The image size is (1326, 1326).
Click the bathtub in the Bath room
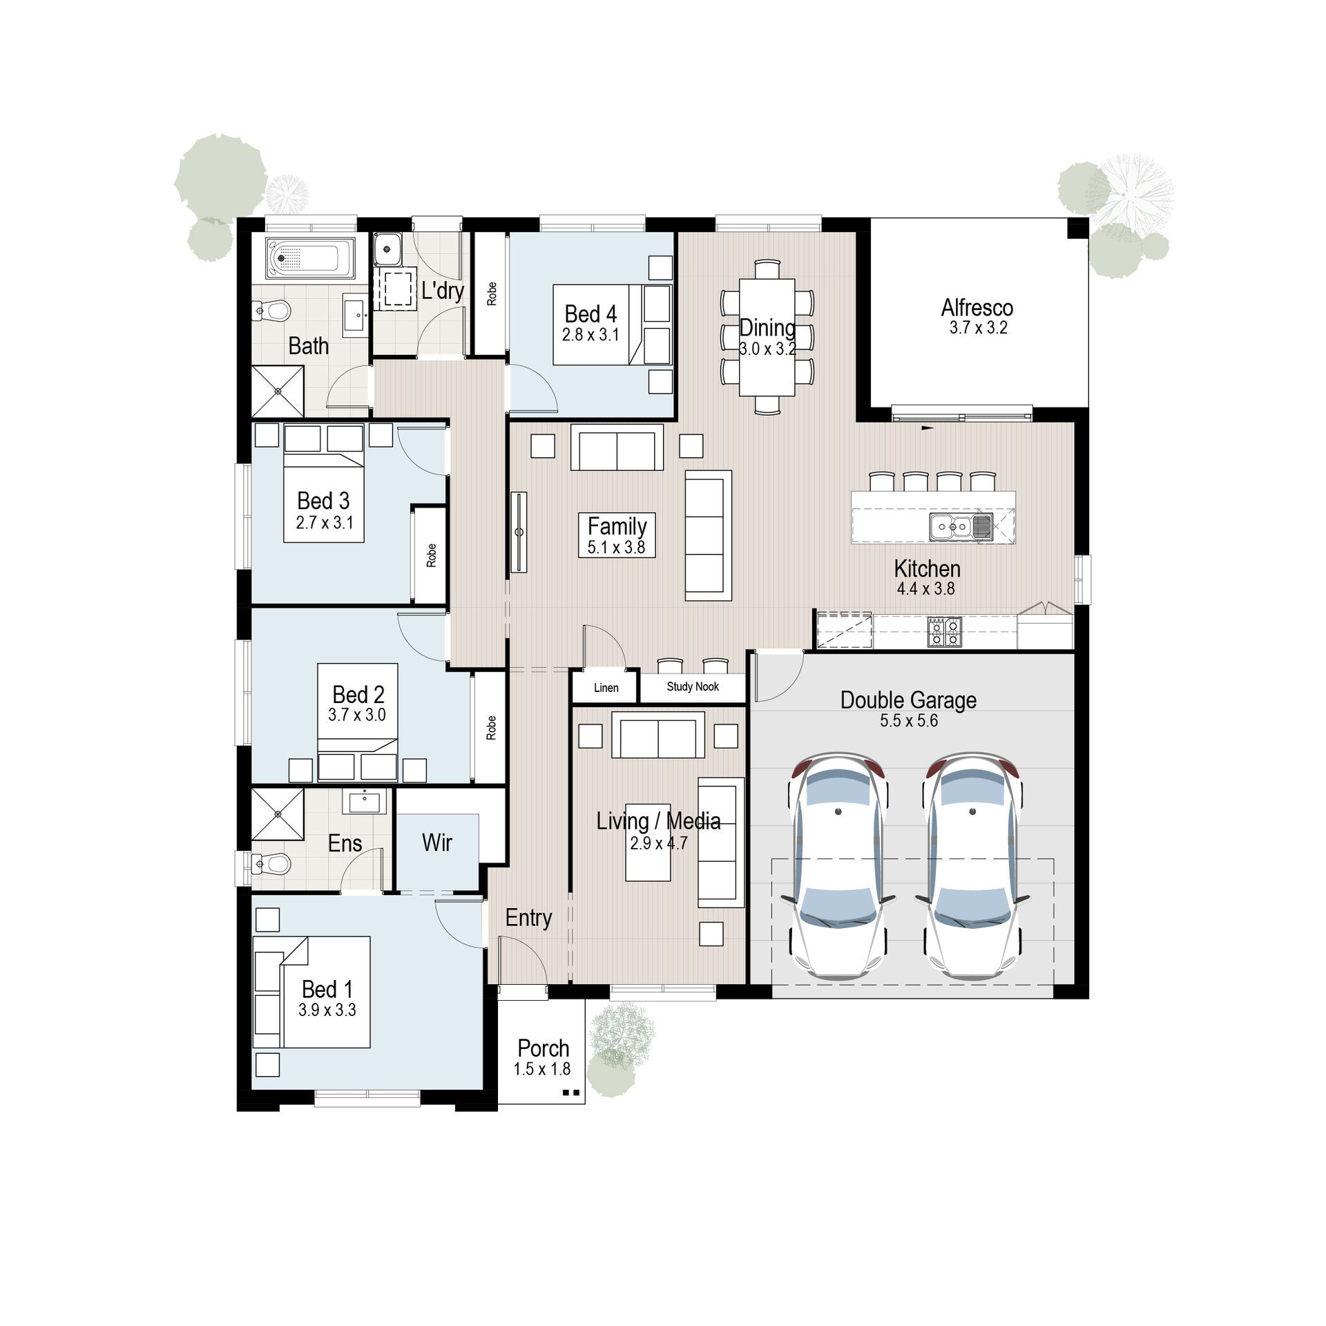pyautogui.click(x=310, y=258)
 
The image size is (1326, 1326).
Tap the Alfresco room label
pyautogui.click(x=977, y=308)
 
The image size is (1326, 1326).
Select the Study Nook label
pyautogui.click(x=692, y=686)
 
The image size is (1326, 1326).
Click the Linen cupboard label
pyautogui.click(x=606, y=688)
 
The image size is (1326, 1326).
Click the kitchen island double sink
pyautogui.click(x=961, y=527)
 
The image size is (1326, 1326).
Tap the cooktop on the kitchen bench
pyautogui.click(x=944, y=631)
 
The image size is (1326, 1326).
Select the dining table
pyautogui.click(x=767, y=337)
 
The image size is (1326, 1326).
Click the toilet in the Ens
pyautogui.click(x=272, y=863)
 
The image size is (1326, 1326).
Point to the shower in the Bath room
pyautogui.click(x=278, y=392)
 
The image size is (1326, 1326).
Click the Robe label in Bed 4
pyautogui.click(x=491, y=294)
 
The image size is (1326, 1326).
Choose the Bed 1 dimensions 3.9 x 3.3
pyautogui.click(x=327, y=1010)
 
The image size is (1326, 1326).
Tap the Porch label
pyautogui.click(x=543, y=1048)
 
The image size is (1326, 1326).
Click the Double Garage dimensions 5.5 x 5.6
pyautogui.click(x=908, y=721)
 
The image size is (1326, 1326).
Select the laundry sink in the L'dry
pyautogui.click(x=387, y=249)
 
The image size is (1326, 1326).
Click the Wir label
pyautogui.click(x=436, y=843)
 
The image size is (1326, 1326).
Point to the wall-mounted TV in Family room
pyautogui.click(x=518, y=532)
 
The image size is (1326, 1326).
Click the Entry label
pyautogui.click(x=528, y=918)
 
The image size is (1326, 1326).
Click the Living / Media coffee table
pyautogui.click(x=647, y=843)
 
